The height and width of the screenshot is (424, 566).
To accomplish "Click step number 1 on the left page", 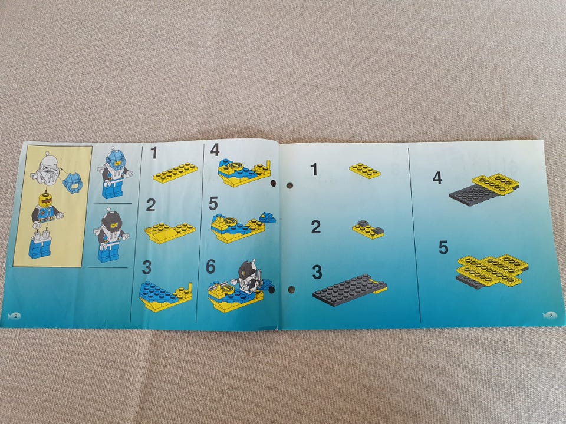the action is click(x=154, y=153).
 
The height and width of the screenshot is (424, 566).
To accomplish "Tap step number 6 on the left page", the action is click(x=210, y=267).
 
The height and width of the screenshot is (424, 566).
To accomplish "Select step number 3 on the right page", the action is click(x=317, y=272).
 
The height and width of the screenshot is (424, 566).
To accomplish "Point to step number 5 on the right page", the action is click(x=443, y=248).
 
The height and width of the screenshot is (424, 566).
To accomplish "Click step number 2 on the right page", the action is click(x=316, y=227).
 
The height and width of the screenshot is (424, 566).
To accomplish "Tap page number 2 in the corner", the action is click(x=16, y=316).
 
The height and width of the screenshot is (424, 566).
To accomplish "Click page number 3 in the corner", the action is click(x=550, y=315).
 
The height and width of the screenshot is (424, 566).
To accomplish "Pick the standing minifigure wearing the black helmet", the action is click(x=111, y=235).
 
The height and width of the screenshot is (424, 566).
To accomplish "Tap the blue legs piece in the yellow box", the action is click(x=40, y=245).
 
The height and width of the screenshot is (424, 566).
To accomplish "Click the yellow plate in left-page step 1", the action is click(x=175, y=173).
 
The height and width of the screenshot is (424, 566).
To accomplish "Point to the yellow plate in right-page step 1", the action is click(x=365, y=171).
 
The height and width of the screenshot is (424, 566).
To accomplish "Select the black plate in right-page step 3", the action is click(x=347, y=290).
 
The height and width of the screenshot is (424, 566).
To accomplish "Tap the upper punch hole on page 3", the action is click(x=289, y=185).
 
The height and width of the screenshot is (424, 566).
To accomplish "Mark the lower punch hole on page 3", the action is click(x=291, y=289).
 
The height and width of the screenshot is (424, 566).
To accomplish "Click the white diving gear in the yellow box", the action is click(x=46, y=170).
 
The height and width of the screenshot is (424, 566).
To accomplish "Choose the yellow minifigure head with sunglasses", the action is click(x=45, y=200).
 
